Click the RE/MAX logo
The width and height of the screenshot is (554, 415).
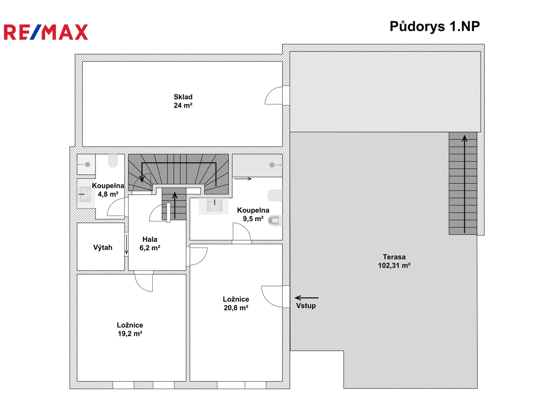[46, 32]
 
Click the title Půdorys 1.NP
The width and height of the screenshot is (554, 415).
[435, 27]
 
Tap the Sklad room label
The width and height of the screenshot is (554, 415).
[183, 101]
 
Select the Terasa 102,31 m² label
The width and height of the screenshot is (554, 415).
[394, 261]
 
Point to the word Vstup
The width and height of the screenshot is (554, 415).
[306, 305]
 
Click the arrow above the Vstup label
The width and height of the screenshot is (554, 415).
[306, 298]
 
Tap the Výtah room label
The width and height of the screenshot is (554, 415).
[103, 247]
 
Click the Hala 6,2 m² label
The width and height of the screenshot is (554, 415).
[150, 243]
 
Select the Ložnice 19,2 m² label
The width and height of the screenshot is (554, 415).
[130, 329]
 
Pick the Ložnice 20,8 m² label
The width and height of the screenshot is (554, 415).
[236, 304]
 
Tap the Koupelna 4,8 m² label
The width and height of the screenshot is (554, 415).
[108, 190]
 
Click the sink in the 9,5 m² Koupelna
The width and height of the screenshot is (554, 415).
[214, 206]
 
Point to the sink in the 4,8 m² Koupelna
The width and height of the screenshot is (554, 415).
[85, 194]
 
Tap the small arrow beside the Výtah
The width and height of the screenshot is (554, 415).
[127, 244]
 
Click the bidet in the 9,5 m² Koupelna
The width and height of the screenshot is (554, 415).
[274, 221]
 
